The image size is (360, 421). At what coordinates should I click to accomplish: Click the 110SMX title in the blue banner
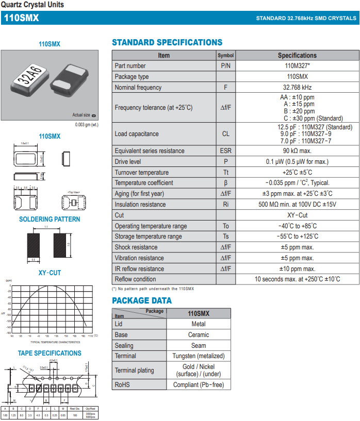point(21,18)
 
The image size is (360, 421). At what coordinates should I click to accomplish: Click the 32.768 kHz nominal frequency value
point(297,88)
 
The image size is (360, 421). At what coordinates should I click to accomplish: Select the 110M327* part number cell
point(297,66)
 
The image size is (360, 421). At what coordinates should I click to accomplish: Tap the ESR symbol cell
point(225,151)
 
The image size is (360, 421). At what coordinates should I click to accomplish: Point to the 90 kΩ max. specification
point(297,151)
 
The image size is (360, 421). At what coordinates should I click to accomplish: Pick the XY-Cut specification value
point(297,215)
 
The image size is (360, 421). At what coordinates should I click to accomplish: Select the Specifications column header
point(297,55)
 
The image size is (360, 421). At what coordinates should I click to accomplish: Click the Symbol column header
point(225,55)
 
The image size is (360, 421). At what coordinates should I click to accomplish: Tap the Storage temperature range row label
point(148,237)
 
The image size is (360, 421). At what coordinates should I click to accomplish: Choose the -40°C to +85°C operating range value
point(297,226)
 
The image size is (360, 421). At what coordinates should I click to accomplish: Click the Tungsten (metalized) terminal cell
point(198,356)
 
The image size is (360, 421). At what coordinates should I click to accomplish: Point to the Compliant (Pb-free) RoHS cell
point(198,385)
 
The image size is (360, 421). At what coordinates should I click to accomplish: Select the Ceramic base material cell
point(198,335)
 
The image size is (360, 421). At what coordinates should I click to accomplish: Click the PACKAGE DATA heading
point(142,301)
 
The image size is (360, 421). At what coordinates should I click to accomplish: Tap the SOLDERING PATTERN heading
point(50,220)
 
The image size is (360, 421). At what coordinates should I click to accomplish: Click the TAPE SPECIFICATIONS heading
point(50,353)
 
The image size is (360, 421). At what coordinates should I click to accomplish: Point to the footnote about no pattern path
point(153,289)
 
